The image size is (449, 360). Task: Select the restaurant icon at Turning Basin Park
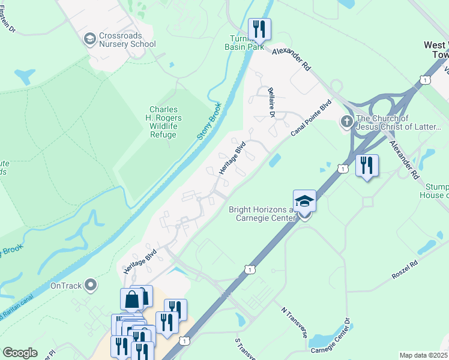coord(259,29)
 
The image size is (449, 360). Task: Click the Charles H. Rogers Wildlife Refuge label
coord(163,122)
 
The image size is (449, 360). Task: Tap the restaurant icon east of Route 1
coord(367,164)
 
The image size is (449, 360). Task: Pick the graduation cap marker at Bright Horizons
coord(304,200)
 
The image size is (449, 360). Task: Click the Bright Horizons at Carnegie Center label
coord(262,214)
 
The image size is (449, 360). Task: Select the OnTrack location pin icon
coord(91,284)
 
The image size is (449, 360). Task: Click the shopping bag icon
coord(131,298)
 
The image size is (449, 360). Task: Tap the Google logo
coord(20,353)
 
